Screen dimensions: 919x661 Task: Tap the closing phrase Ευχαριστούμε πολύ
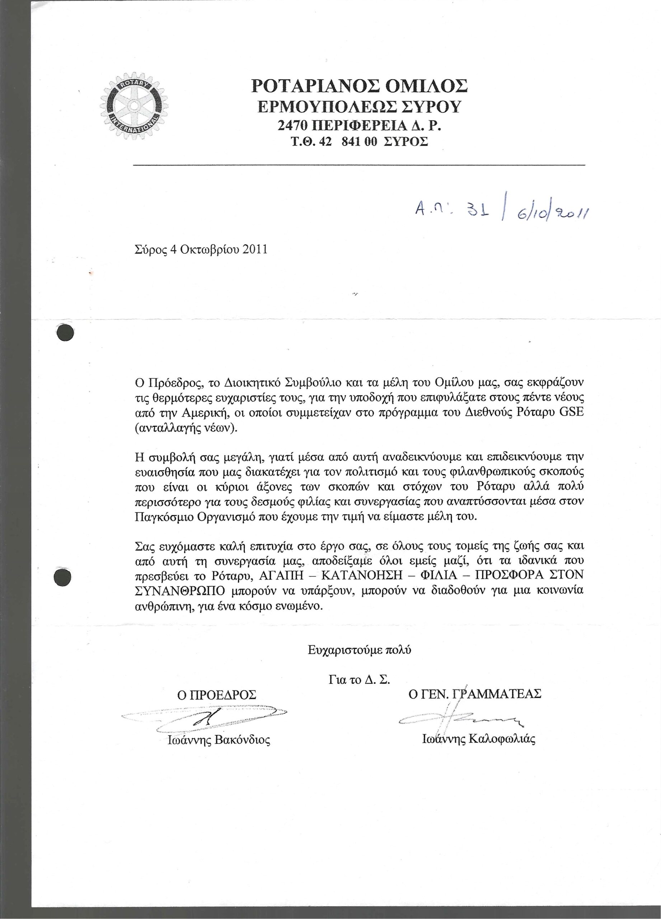(359, 649)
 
